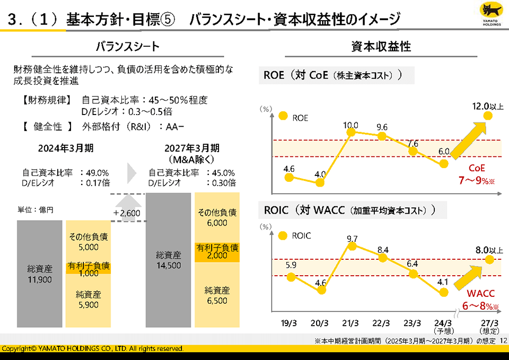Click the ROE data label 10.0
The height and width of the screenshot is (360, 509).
click(x=350, y=126)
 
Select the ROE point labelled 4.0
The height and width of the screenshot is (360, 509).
click(x=320, y=183)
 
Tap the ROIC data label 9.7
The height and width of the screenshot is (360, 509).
click(x=352, y=239)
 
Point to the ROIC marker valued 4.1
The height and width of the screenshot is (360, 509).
click(x=444, y=292)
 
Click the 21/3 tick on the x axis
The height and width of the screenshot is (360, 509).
click(x=351, y=323)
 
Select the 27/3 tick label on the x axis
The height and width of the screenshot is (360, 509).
click(x=489, y=323)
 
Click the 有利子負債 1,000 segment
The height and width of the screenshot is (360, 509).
click(x=89, y=269)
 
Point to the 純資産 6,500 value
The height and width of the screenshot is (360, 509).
click(x=217, y=301)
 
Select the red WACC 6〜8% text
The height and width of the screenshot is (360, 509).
click(x=481, y=300)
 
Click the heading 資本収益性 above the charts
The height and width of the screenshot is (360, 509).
click(x=381, y=47)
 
